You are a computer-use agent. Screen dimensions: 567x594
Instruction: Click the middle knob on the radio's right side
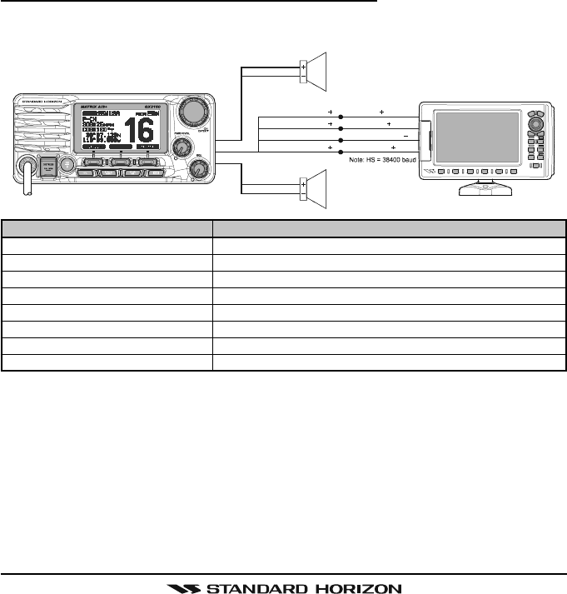tap(178, 147)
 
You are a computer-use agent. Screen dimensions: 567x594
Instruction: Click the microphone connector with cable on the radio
tap(27, 164)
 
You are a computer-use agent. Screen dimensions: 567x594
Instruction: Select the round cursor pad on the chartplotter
tap(536, 122)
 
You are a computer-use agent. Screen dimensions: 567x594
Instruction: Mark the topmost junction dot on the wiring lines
tap(353, 112)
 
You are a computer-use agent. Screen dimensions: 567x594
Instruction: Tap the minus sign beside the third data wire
tap(405, 135)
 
